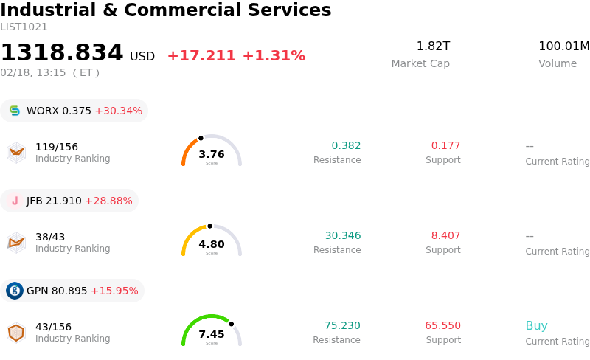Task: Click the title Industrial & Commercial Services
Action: pos(166,10)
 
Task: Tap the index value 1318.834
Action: pos(62,53)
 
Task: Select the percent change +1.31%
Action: pos(274,56)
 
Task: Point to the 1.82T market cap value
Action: pos(433,46)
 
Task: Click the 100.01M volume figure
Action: pos(563,46)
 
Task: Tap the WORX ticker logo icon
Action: pos(15,111)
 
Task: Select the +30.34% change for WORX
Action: pos(118,111)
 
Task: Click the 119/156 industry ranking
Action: pos(57,146)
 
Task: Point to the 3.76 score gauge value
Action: pos(212,154)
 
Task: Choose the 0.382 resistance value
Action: pos(346,145)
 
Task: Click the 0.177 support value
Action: pos(445,145)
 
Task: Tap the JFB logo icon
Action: pos(15,201)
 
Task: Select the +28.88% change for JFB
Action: pos(108,201)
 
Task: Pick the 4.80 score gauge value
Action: pos(212,244)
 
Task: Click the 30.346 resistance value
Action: pos(343,235)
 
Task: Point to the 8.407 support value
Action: pos(445,235)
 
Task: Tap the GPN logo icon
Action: pos(15,291)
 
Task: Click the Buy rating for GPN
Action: pos(536,325)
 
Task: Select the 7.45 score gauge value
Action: pos(212,334)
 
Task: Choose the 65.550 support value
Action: pos(442,325)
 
